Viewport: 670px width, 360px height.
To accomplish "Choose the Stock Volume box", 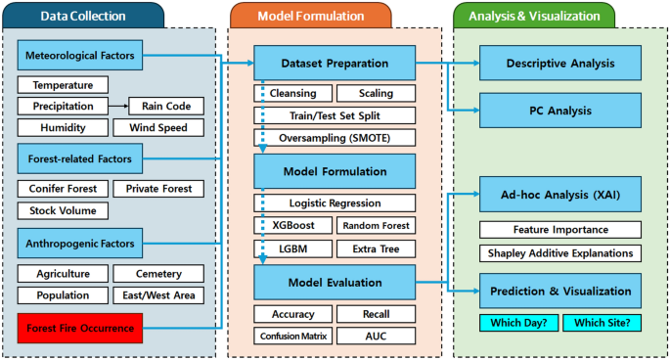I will tap(63, 210).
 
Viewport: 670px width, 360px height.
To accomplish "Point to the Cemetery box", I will tap(158, 274).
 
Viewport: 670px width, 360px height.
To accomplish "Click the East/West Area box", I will tap(158, 295).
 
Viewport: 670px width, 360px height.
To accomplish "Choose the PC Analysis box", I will tap(560, 111).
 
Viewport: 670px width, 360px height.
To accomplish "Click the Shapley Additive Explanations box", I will tap(560, 252).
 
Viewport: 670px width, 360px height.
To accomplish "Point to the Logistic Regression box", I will tap(333, 203).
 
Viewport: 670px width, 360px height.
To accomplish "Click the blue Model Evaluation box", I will tap(334, 283).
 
